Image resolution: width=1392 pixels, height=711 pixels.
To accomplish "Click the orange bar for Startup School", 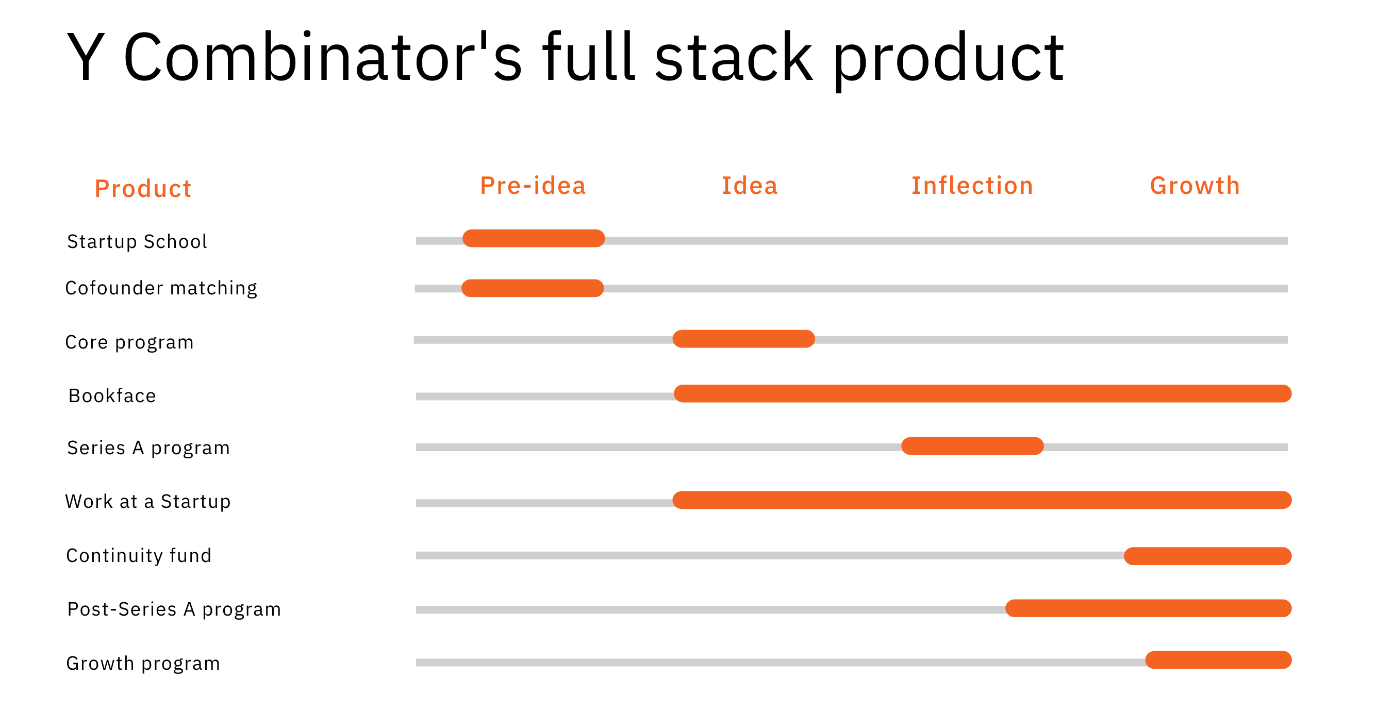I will tap(534, 238).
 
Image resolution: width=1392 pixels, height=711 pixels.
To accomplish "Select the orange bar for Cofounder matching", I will tap(532, 288).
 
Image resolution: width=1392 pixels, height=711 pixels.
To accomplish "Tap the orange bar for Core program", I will tap(743, 339).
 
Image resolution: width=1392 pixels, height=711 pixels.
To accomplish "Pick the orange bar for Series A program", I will tap(972, 445).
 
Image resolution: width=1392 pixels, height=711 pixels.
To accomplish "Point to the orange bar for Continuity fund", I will tap(1207, 556).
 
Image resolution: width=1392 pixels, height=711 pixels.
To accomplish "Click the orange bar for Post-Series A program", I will tap(1148, 608).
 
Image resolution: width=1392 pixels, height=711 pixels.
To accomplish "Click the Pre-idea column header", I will tap(533, 186).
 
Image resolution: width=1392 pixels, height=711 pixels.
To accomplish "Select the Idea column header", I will tap(750, 186).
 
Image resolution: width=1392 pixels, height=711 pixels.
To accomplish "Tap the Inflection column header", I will tap(972, 186).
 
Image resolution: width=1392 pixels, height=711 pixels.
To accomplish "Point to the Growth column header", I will tap(1195, 186).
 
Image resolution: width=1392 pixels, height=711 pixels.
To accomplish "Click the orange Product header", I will tap(143, 189).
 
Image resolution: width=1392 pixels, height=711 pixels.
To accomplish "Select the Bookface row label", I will tap(112, 395).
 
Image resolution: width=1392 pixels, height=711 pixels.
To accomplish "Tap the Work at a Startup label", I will tap(148, 501).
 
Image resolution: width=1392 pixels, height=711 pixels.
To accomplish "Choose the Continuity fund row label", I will tap(139, 555).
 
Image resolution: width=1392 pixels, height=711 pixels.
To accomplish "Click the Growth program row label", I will tap(143, 663).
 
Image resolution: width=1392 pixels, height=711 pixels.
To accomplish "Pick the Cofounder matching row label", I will tap(161, 288).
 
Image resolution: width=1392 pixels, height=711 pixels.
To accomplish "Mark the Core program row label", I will tap(129, 342).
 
